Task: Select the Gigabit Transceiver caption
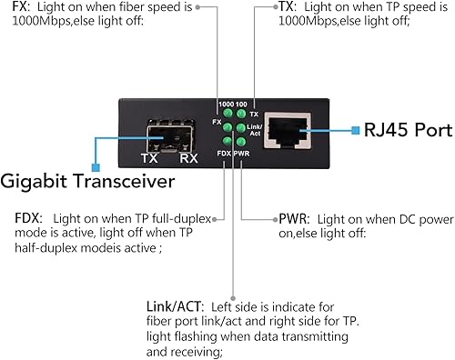[x=88, y=182]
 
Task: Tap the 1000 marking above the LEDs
[x=224, y=105]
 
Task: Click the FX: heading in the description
[x=18, y=9]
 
